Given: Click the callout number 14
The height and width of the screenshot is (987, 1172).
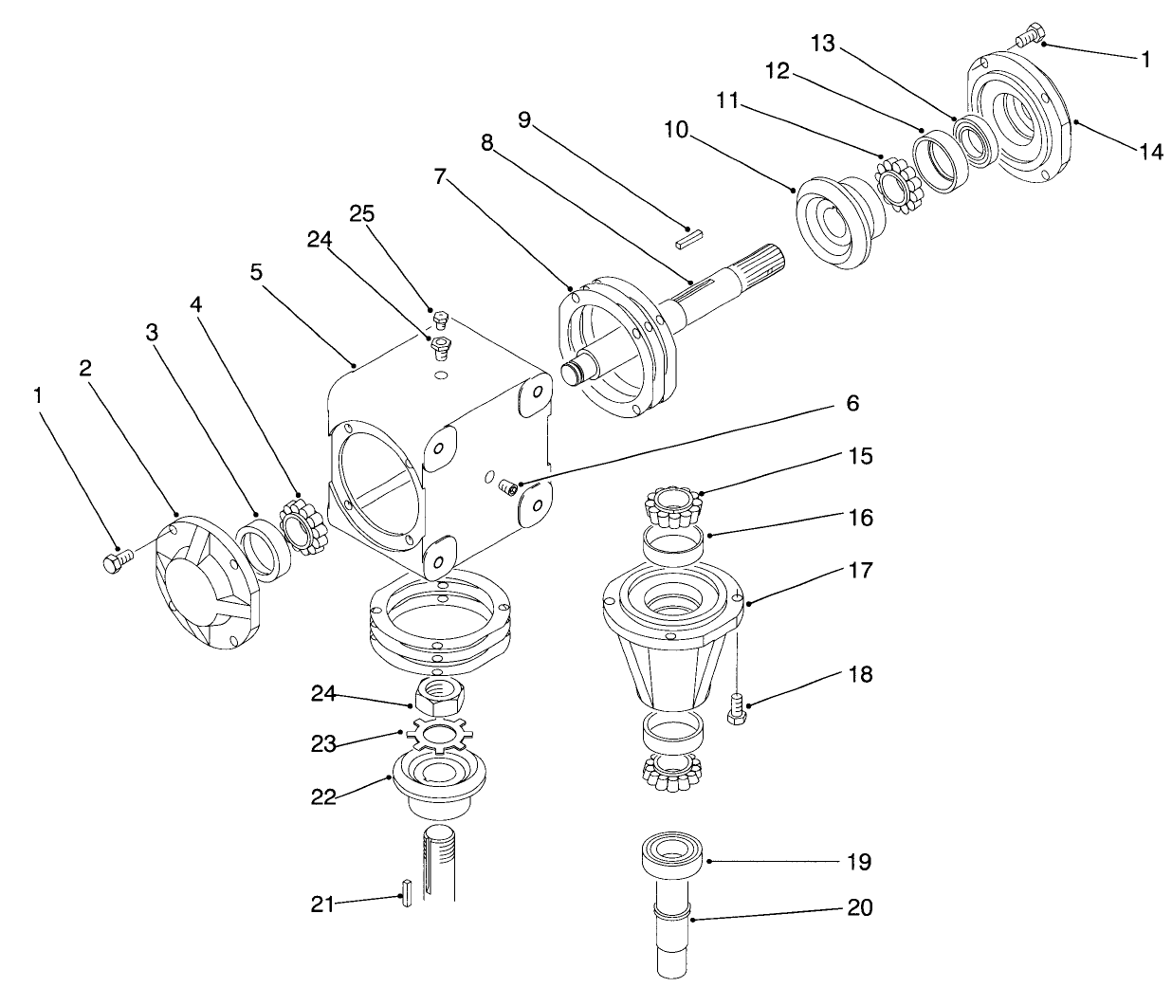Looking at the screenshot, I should pyautogui.click(x=1150, y=151).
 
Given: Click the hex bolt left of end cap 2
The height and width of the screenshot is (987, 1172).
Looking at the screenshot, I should pyautogui.click(x=116, y=561).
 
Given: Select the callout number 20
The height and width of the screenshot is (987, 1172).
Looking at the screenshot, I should pyautogui.click(x=859, y=907).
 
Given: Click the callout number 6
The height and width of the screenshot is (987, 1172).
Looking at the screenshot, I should pyautogui.click(x=852, y=404).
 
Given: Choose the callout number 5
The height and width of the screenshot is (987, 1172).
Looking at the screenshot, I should pyautogui.click(x=255, y=272).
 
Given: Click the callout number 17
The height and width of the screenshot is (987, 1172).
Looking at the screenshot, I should pyautogui.click(x=860, y=571).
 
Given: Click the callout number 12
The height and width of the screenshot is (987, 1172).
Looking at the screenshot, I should pyautogui.click(x=777, y=72).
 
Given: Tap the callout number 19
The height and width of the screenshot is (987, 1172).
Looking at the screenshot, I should pyautogui.click(x=859, y=862).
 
